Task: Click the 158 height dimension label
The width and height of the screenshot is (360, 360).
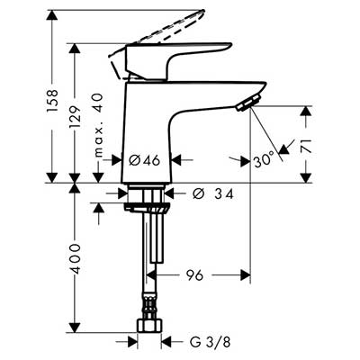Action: (x=52, y=101)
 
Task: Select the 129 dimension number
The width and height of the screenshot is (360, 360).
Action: (x=76, y=117)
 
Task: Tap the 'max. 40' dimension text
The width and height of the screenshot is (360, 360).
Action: (x=98, y=125)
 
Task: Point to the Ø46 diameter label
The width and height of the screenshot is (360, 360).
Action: (x=144, y=161)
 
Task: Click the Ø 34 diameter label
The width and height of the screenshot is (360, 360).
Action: (x=212, y=194)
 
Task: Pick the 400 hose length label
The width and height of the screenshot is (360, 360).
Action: (x=76, y=258)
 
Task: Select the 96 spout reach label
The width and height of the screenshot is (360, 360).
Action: (x=194, y=274)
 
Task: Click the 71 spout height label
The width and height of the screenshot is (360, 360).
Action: (x=306, y=146)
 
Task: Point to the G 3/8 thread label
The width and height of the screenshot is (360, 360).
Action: (x=211, y=342)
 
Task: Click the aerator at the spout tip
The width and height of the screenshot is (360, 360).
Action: (x=247, y=103)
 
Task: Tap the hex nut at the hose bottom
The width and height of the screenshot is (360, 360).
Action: (x=149, y=325)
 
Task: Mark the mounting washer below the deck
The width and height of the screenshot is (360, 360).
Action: (x=148, y=208)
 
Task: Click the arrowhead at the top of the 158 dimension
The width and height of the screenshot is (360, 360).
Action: (x=52, y=15)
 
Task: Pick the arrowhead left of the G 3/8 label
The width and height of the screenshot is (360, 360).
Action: (x=132, y=342)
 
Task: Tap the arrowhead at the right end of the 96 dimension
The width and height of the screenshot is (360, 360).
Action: (x=246, y=274)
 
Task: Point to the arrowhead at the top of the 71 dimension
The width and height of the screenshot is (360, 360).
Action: (x=306, y=111)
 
